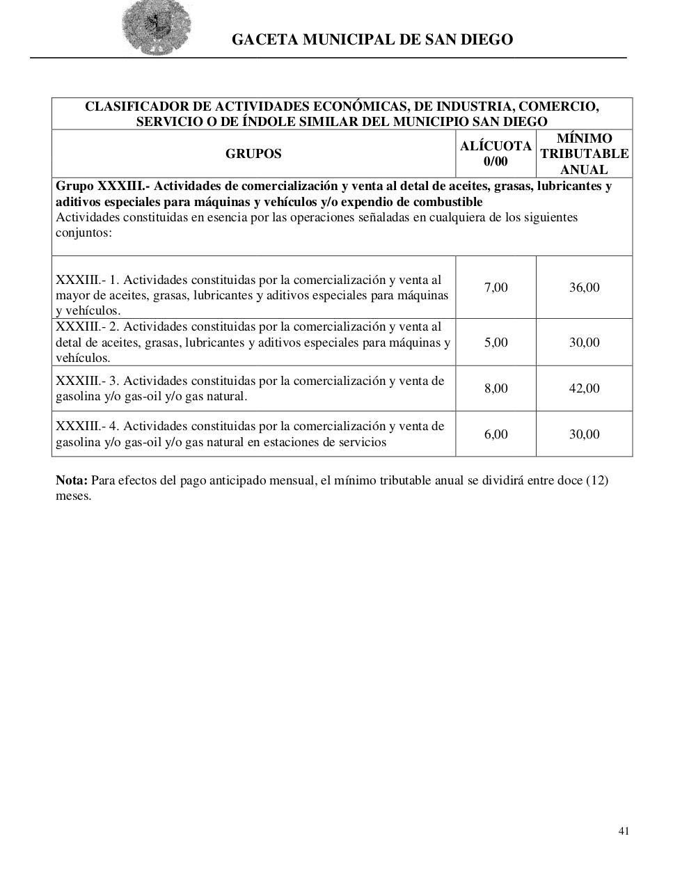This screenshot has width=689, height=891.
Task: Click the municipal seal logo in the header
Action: click(x=157, y=29)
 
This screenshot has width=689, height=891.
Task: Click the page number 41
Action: click(x=624, y=830)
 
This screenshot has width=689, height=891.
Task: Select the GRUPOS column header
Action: click(x=253, y=154)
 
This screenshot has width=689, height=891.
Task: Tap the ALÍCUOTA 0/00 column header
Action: click(x=496, y=154)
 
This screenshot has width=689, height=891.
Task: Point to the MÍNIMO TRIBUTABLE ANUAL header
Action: click(x=584, y=154)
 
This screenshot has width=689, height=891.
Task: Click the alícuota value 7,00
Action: click(x=496, y=287)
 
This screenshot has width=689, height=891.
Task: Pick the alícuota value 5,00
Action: click(x=496, y=342)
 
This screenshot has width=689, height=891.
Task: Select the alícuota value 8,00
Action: click(x=496, y=388)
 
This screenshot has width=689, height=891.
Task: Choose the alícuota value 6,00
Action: click(x=496, y=434)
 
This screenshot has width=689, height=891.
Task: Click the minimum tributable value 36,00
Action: click(x=584, y=287)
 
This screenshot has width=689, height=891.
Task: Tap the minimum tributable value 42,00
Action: click(x=584, y=388)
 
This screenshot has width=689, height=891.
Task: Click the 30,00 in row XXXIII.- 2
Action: click(x=584, y=342)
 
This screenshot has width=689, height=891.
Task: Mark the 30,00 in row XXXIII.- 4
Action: click(x=584, y=434)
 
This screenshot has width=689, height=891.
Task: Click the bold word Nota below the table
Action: click(x=71, y=481)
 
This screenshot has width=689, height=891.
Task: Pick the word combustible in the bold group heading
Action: click(x=449, y=202)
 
